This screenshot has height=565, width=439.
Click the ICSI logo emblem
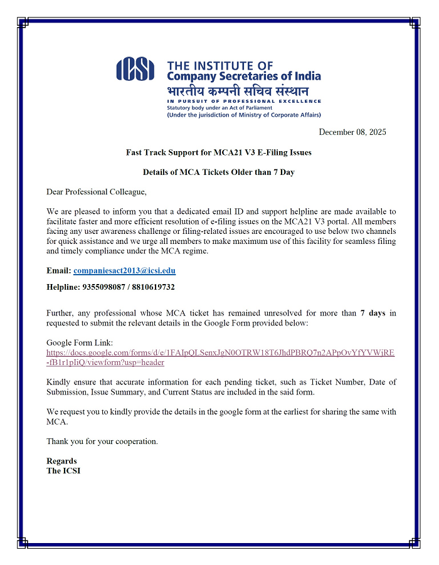point(135,69)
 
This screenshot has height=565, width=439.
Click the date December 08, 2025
point(352,132)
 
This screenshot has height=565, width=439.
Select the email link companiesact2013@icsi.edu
point(124,271)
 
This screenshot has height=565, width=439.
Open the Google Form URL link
point(220,353)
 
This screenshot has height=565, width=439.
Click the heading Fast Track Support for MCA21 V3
point(218,152)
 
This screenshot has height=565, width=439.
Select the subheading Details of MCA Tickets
point(218,172)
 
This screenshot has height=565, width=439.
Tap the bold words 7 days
point(373,313)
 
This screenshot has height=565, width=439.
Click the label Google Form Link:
point(80,343)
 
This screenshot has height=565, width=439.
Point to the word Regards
point(61,461)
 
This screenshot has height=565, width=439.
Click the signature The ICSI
point(63,471)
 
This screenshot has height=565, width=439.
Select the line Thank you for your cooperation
point(102,441)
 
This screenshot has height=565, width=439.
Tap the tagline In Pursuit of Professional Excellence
point(244,101)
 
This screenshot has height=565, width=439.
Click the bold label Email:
point(58,271)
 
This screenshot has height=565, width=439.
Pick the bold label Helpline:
point(63,287)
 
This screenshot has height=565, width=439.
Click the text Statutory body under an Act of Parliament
point(216,108)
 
